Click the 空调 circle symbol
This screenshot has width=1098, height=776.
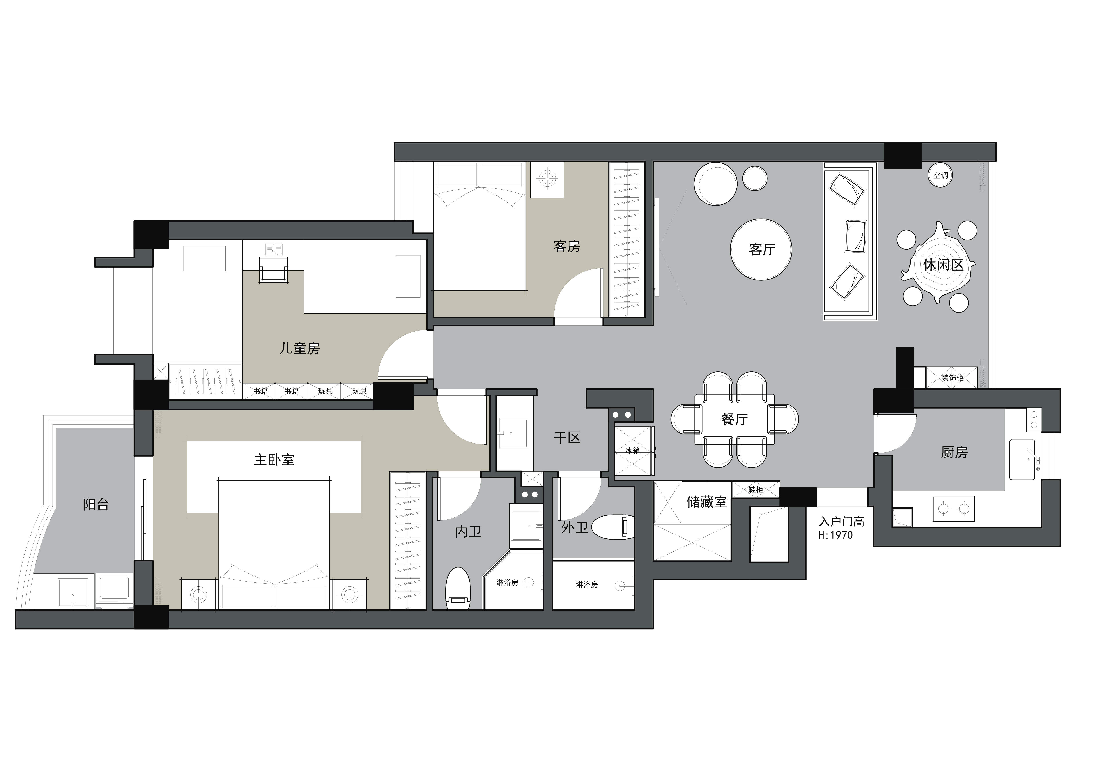pos(940,175)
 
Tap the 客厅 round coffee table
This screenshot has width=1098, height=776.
pos(761,249)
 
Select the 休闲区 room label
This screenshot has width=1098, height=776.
pos(943,264)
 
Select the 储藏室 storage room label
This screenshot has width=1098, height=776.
pos(706,501)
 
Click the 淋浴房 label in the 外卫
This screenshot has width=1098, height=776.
pos(587,584)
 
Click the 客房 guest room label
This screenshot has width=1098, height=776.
pos(567,246)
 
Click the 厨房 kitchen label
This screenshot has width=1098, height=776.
pos(954,452)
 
